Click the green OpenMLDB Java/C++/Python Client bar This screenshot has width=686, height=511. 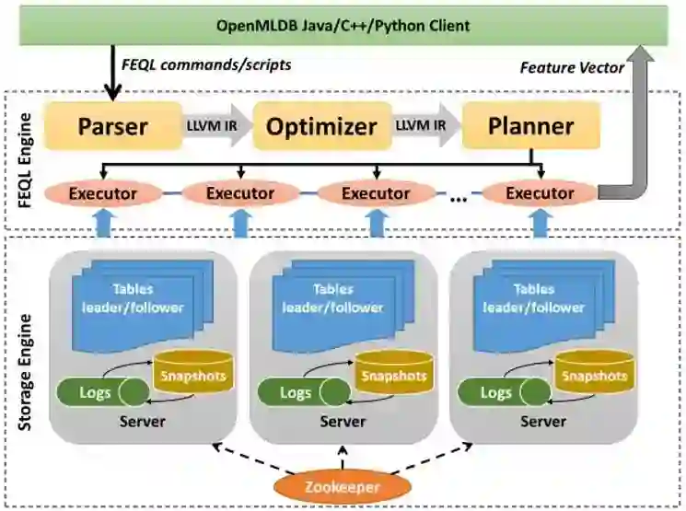tap(343, 25)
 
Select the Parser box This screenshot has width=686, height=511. tap(113, 126)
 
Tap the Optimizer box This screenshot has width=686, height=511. tap(321, 126)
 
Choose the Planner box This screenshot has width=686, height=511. tap(530, 126)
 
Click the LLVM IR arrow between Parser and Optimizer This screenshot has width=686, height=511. tap(217, 126)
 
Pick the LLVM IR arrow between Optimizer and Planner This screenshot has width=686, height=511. tap(426, 126)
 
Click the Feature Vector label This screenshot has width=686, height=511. tap(572, 67)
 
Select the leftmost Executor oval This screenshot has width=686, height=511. tap(102, 193)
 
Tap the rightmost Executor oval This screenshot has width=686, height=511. tap(540, 193)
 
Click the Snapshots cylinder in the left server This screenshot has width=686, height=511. tap(192, 375)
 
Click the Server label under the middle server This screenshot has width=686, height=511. tap(343, 422)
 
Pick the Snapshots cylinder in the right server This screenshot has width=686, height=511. tap(594, 375)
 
